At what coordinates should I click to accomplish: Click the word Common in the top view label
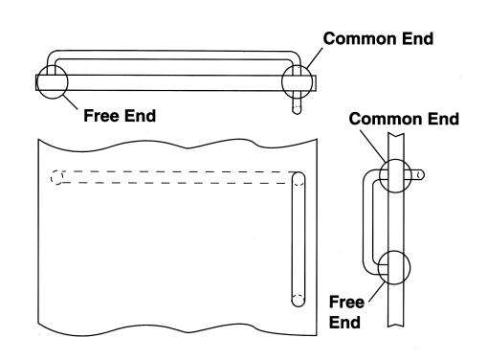(360, 38)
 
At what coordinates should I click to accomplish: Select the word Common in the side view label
(386, 119)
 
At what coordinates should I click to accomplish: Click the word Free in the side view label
(346, 302)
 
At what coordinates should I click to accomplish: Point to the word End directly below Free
(344, 323)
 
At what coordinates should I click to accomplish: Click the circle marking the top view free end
(67, 82)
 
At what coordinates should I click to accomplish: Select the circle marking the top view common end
(282, 82)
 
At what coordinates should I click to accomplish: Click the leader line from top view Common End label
(314, 58)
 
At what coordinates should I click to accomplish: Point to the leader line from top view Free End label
(70, 101)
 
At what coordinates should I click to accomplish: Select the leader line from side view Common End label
(372, 146)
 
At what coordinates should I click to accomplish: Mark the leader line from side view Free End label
(377, 292)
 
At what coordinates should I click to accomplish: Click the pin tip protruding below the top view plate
(297, 112)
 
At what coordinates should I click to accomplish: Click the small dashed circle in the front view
(56, 177)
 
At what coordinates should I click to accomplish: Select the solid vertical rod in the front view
(299, 239)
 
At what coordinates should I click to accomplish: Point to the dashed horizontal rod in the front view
(174, 177)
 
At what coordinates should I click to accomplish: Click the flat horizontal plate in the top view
(176, 83)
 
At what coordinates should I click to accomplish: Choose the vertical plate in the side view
(396, 230)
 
